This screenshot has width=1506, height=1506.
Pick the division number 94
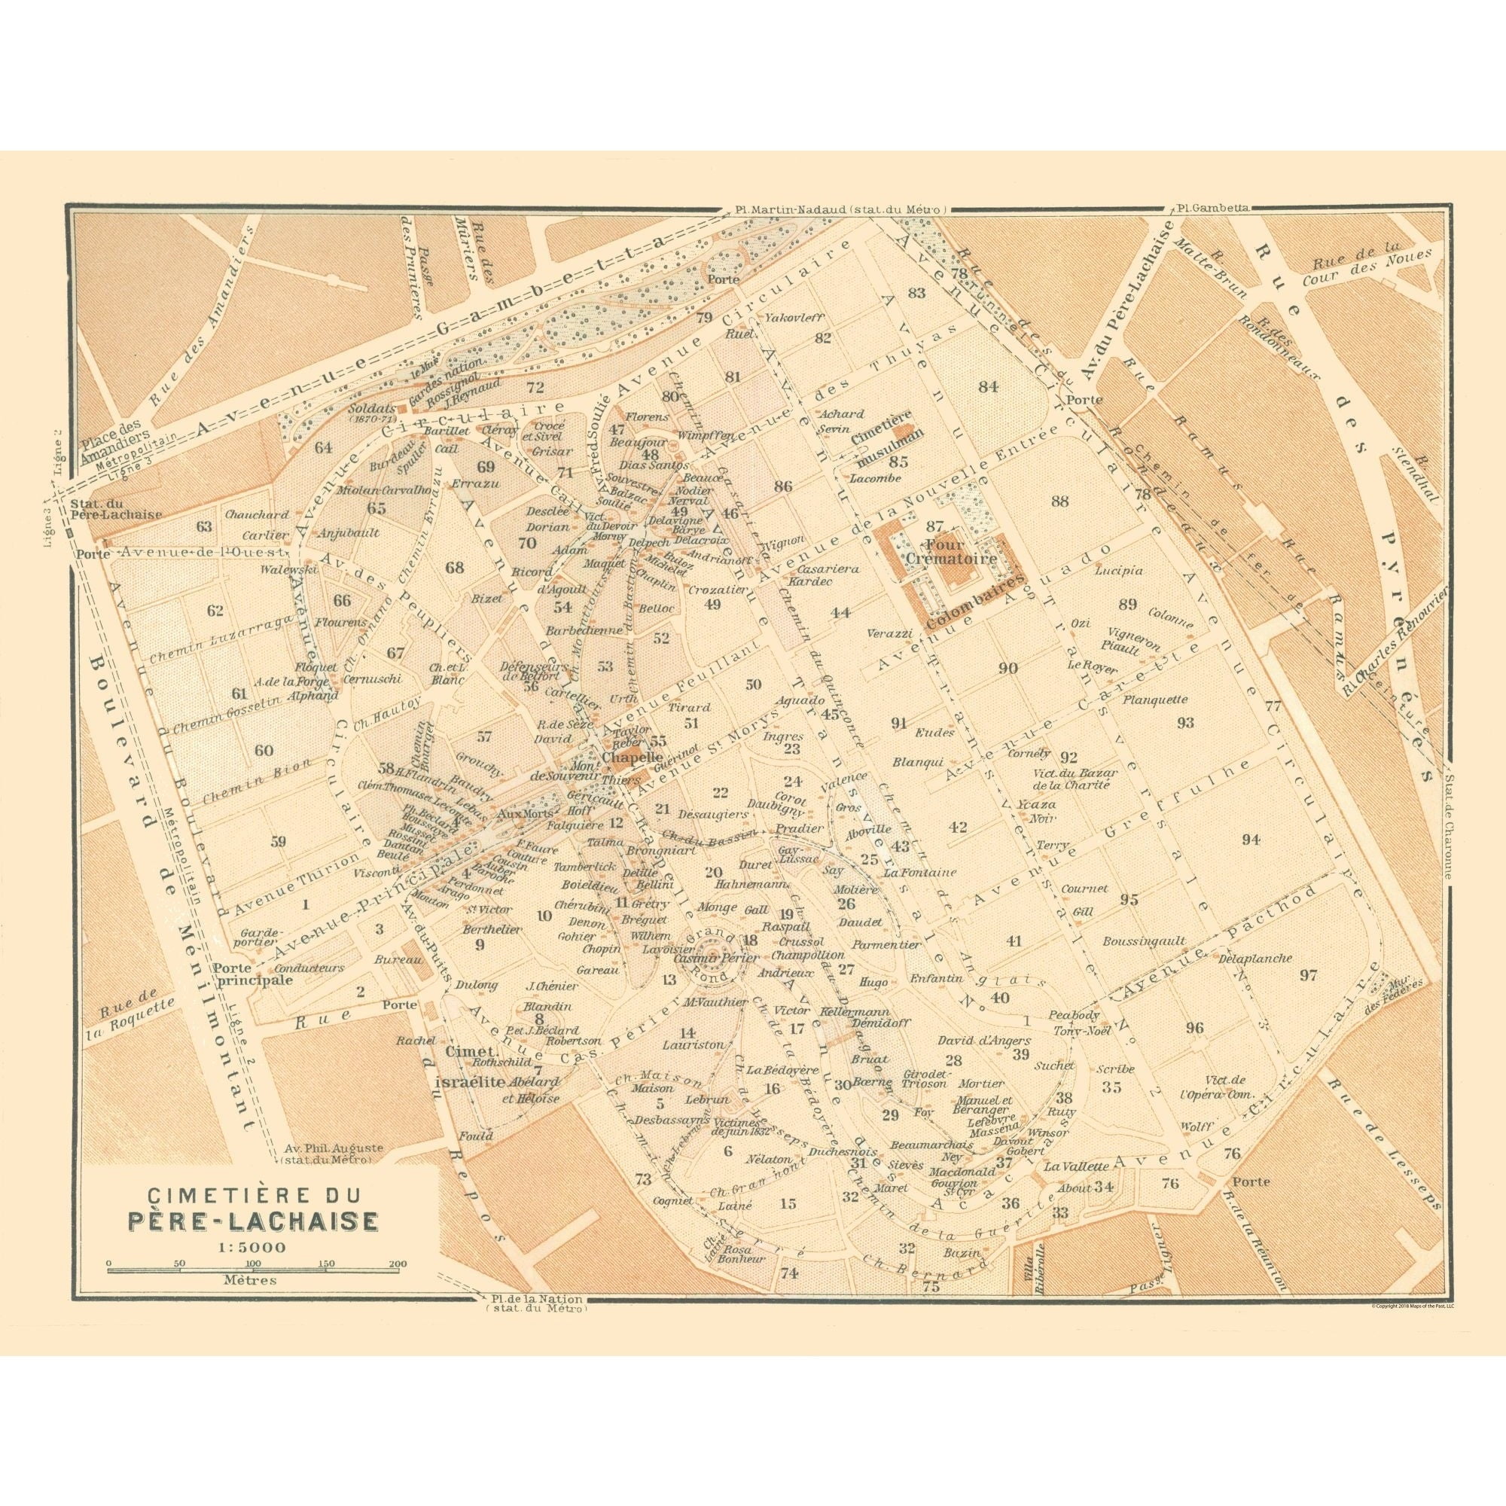tap(1251, 840)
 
